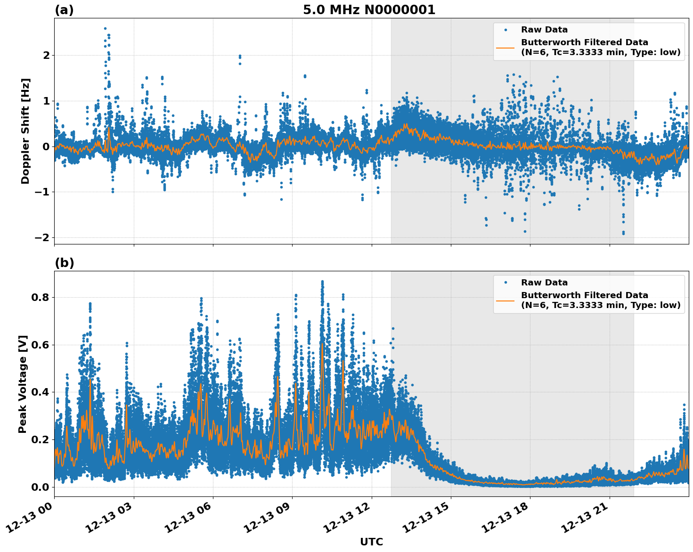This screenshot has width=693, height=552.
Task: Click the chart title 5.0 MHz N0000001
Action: (x=369, y=10)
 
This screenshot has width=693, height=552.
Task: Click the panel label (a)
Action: (x=64, y=10)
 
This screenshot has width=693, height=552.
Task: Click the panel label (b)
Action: (x=65, y=263)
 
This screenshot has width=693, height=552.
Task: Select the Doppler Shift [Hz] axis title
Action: (x=25, y=131)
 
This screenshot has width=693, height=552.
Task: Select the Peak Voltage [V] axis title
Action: (x=23, y=384)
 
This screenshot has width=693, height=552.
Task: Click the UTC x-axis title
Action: (x=371, y=542)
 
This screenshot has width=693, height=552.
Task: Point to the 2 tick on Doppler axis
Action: (x=46, y=55)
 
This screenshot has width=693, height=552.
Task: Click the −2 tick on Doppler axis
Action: (x=42, y=237)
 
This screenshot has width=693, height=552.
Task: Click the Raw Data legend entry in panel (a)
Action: (x=544, y=30)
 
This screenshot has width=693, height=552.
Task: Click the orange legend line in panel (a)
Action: (x=505, y=47)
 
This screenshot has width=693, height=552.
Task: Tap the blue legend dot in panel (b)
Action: (x=505, y=283)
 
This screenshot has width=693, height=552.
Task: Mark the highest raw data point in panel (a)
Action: (x=105, y=28)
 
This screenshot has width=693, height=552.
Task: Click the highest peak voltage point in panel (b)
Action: (x=322, y=282)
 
